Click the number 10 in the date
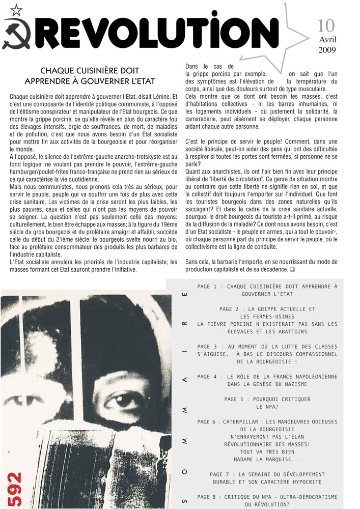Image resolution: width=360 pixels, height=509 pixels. coord(326,25)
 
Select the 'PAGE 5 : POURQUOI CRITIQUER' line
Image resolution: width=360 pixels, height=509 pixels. coord(267,399)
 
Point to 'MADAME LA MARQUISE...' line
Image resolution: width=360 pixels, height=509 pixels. coord(267,459)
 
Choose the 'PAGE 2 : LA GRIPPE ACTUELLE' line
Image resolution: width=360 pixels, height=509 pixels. coord(267,309)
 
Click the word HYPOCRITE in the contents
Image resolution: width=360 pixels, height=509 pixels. coord(302,482)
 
